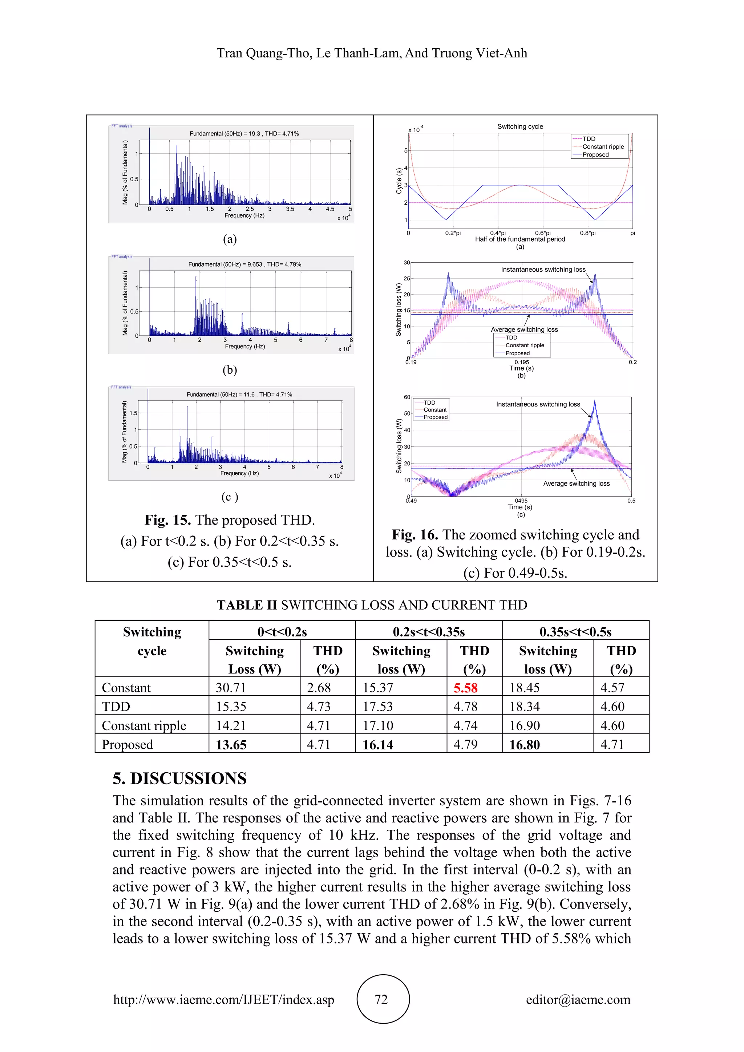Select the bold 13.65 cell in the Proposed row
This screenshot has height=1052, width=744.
pyautogui.click(x=231, y=745)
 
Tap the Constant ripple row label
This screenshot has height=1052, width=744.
pyautogui.click(x=144, y=726)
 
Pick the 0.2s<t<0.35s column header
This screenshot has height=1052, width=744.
pyautogui.click(x=428, y=632)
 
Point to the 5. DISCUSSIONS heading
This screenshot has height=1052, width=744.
pyautogui.click(x=179, y=778)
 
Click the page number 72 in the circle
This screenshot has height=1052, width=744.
pyautogui.click(x=381, y=999)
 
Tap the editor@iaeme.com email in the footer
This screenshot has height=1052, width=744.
pyautogui.click(x=578, y=999)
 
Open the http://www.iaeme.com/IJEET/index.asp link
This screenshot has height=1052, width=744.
pyautogui.click(x=223, y=999)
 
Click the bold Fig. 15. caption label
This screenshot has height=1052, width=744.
pyautogui.click(x=168, y=520)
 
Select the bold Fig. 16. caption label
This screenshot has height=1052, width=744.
pyautogui.click(x=415, y=535)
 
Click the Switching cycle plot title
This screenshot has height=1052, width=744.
pyautogui.click(x=520, y=126)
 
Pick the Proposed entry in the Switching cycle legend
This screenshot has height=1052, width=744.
pyautogui.click(x=595, y=155)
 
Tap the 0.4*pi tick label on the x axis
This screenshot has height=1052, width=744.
pyautogui.click(x=498, y=233)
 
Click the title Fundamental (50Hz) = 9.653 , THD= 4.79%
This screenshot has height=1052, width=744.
pyautogui.click(x=244, y=264)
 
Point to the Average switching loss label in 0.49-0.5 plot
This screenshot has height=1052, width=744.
pyautogui.click(x=576, y=483)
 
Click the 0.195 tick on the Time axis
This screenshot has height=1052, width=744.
pyautogui.click(x=521, y=362)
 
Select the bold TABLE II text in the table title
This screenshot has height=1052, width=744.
pyautogui.click(x=247, y=605)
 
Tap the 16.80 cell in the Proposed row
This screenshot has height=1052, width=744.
pyautogui.click(x=525, y=745)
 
